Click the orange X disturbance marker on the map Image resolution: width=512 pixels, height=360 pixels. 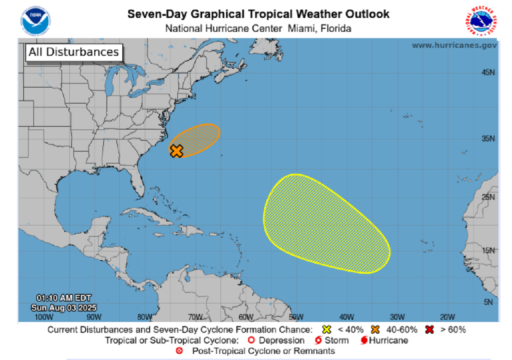(x=176, y=150)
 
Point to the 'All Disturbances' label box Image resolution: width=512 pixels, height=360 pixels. (x=73, y=52)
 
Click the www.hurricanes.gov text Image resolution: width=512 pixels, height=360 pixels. (x=454, y=45)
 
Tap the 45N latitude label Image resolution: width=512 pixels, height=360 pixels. (x=488, y=72)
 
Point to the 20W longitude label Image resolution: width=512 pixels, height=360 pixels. (x=447, y=316)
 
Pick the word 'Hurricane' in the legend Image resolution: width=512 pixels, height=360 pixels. (x=388, y=340)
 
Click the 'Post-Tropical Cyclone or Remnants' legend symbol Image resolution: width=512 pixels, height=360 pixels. (x=179, y=351)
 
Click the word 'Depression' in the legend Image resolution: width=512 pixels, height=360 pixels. (x=281, y=340)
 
